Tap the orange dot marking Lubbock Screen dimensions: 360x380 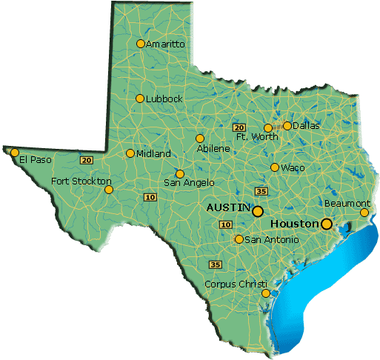(140, 99)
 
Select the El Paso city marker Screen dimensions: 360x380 (13, 153)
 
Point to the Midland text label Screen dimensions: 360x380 (153, 154)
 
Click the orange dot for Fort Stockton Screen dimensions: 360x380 (109, 190)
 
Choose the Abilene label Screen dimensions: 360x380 (213, 149)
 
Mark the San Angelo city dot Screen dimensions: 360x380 (179, 174)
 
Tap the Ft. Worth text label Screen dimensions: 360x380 (257, 137)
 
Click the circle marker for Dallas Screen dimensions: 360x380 (287, 125)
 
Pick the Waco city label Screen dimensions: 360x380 (292, 167)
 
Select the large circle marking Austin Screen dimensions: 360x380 (257, 211)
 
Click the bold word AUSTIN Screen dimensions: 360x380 (228, 208)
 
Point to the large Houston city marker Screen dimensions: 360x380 (326, 223)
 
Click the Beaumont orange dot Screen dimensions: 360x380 (364, 213)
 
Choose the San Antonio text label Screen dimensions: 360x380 (272, 240)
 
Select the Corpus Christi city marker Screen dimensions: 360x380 (266, 293)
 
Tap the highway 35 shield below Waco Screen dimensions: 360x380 (260, 190)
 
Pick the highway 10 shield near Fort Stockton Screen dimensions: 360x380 (150, 196)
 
